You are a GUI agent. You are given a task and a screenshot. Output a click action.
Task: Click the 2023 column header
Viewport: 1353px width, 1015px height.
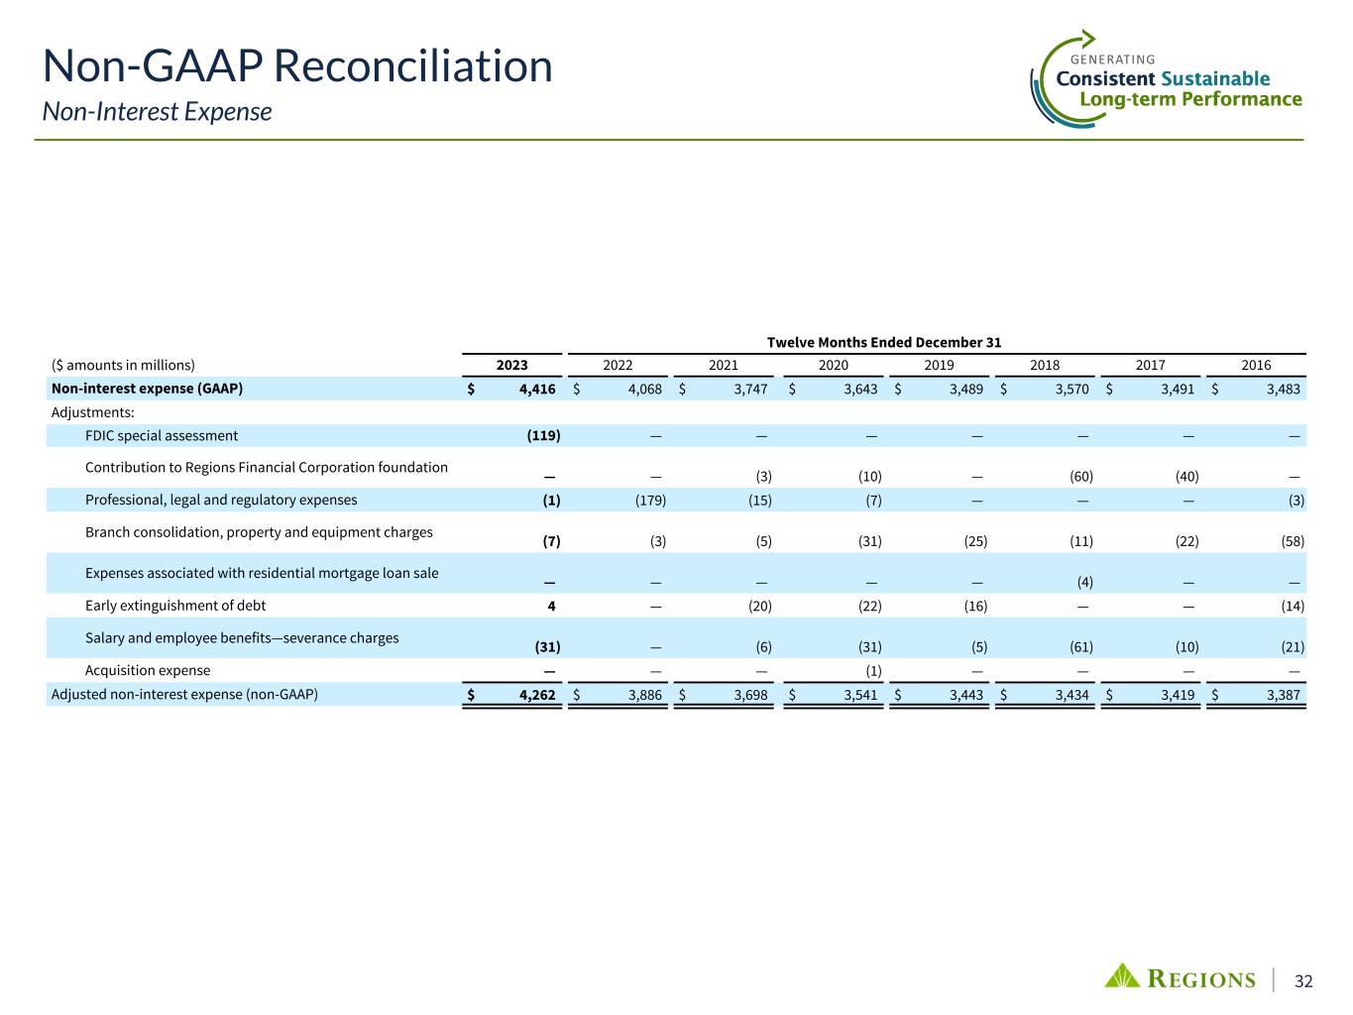coord(512,365)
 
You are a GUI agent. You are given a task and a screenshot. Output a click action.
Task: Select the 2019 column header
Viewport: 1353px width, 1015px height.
coord(939,365)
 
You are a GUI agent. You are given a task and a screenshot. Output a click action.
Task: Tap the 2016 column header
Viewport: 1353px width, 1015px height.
coord(1256,365)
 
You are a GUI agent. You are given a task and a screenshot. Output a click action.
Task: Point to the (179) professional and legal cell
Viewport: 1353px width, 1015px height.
coord(650,500)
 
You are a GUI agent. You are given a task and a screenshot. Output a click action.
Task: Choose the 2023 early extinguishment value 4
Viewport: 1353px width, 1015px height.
coord(556,606)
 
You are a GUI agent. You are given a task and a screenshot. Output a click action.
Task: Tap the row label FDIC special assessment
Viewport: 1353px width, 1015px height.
coord(162,435)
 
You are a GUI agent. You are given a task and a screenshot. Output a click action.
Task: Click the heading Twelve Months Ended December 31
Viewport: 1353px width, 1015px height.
coord(884,342)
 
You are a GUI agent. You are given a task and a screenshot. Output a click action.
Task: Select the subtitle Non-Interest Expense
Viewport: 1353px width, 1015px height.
coord(157,111)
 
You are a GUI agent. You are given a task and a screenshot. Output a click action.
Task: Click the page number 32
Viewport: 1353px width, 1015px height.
coord(1303,981)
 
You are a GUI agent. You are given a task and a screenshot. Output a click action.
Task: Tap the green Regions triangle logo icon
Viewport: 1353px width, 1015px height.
coord(1122,976)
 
